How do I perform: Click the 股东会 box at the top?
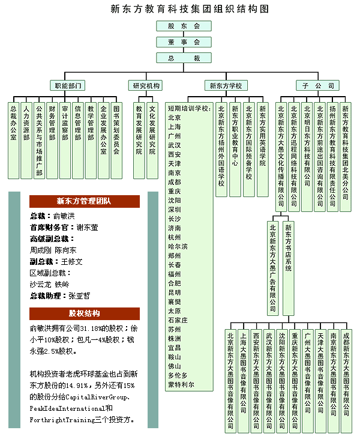(x=184, y=26)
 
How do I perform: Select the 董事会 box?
(x=184, y=42)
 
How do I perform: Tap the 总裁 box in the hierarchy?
(x=184, y=58)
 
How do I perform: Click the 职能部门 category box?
(x=67, y=85)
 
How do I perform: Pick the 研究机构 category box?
(x=146, y=85)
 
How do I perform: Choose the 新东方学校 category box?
(x=226, y=85)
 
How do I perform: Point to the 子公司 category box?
(x=317, y=85)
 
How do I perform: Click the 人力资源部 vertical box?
(x=26, y=141)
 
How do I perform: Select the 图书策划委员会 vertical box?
(x=116, y=141)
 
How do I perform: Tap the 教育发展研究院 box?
(x=139, y=141)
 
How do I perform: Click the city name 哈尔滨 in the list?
(x=178, y=247)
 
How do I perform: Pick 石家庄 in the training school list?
(x=178, y=320)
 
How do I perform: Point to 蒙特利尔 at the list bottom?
(x=181, y=384)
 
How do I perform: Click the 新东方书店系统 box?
(x=289, y=268)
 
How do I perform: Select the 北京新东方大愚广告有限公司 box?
(x=273, y=268)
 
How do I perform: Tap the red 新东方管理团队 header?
(x=85, y=201)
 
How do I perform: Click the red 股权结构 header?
(x=85, y=313)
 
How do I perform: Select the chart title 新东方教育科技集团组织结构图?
(x=190, y=9)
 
